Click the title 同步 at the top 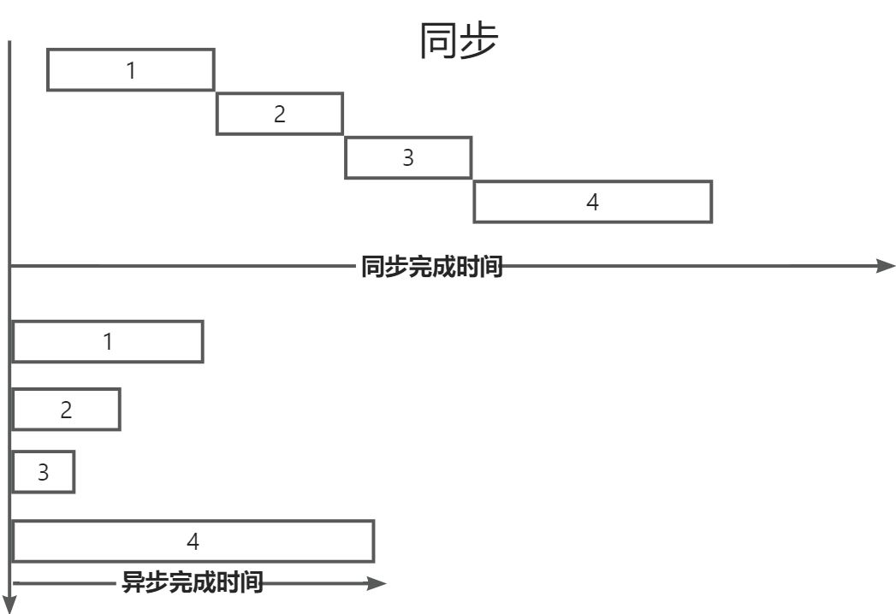[x=458, y=40]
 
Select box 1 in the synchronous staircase [x=130, y=69]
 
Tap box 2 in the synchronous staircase [x=279, y=114]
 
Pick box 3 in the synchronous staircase [x=408, y=157]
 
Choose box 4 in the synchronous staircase [x=592, y=202]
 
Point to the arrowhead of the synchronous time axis [x=886, y=266]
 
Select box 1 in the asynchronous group [x=108, y=341]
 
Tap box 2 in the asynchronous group [x=66, y=409]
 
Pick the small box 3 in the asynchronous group [x=44, y=472]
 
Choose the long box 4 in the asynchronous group [x=193, y=540]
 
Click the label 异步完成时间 [x=193, y=584]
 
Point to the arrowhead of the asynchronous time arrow [x=377, y=584]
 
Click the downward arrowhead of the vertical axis [x=9, y=604]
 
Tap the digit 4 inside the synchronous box [x=592, y=202]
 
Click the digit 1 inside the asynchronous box [x=108, y=341]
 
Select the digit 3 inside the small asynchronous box [x=44, y=472]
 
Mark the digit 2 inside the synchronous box [x=279, y=114]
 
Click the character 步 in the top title [x=478, y=40]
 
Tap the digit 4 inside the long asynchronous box [x=193, y=540]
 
